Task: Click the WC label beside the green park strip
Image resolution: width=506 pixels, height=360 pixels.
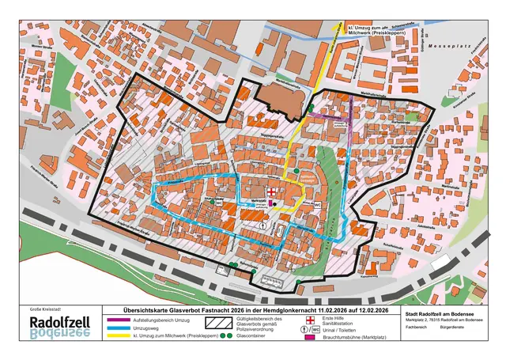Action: point(317,204)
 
